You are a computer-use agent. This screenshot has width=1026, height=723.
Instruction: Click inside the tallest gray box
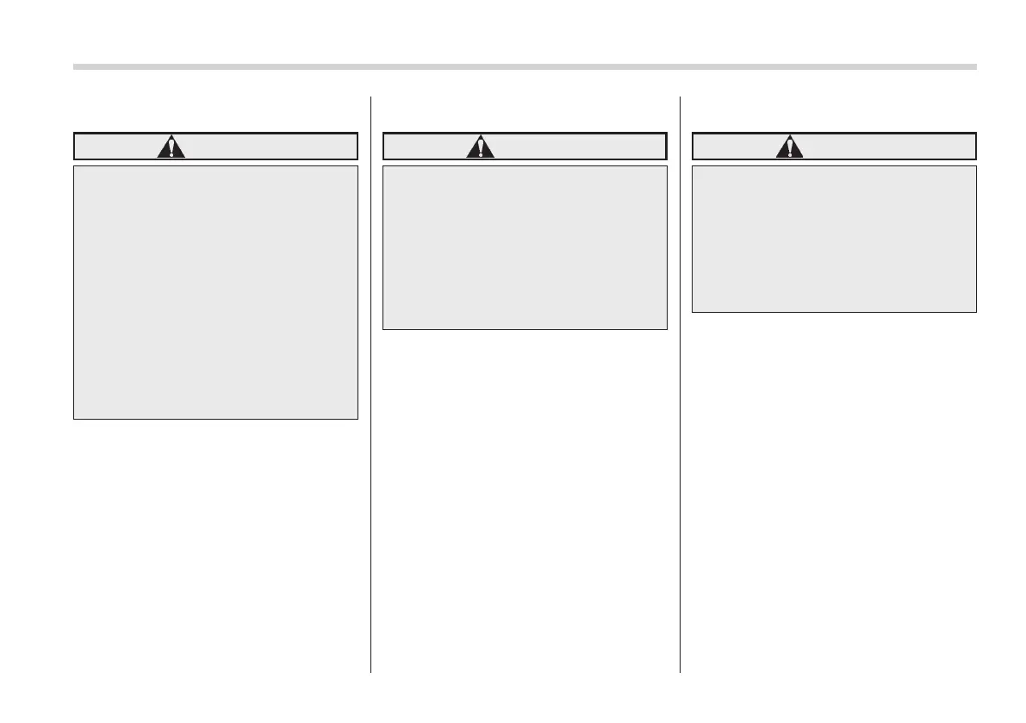pos(215,293)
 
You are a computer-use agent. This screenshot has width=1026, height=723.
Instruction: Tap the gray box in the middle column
pos(525,248)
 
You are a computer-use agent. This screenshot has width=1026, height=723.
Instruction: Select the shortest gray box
pos(834,240)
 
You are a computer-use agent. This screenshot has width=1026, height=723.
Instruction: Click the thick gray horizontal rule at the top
pos(525,66)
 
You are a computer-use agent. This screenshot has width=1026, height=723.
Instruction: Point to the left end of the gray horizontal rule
pos(75,66)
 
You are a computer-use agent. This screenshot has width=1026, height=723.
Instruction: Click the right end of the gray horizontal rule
pos(975,66)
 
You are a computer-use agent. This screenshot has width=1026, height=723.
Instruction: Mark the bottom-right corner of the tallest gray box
pos(357,419)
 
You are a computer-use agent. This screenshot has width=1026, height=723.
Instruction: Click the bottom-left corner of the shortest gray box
pos(693,311)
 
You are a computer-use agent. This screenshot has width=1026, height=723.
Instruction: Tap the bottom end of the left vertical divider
pos(371,670)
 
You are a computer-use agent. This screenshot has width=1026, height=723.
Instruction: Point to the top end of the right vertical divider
pos(681,97)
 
